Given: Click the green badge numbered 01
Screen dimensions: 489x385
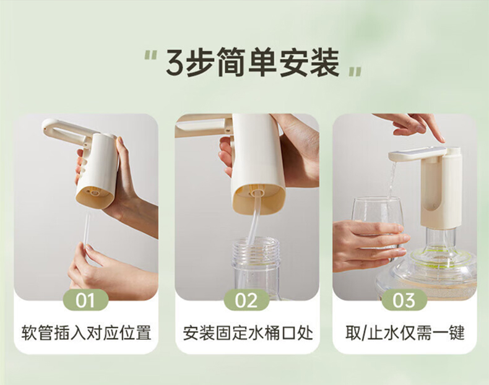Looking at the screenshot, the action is (86, 300).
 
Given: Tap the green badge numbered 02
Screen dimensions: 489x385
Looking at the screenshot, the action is (246, 300).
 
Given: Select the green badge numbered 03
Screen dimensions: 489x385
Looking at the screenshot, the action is (404, 300).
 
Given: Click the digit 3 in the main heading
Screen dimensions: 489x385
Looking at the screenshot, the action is (176, 62).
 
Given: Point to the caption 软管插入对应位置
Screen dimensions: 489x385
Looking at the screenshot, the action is (86, 332).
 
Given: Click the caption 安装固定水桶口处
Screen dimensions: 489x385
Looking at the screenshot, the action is (248, 332).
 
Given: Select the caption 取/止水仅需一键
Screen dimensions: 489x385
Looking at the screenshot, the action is (405, 332).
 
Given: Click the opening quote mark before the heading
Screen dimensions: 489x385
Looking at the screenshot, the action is (150, 56).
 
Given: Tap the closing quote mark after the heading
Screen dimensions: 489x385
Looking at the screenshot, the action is (355, 71).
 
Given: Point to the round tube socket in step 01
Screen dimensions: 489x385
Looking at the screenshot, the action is (94, 193).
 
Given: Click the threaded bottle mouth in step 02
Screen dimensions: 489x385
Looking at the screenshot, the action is (255, 250).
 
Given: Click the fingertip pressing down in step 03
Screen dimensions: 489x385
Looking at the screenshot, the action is (440, 139).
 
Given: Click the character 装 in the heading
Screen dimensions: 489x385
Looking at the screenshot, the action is (323, 63).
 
